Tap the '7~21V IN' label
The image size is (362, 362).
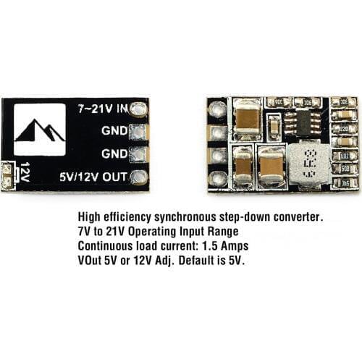(102, 109)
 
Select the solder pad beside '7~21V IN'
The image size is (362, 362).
(139, 109)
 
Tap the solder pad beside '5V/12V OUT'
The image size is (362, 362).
(139, 176)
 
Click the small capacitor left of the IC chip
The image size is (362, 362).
(274, 130)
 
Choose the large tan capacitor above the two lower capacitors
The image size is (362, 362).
(248, 120)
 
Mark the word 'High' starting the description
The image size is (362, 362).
(89, 217)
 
